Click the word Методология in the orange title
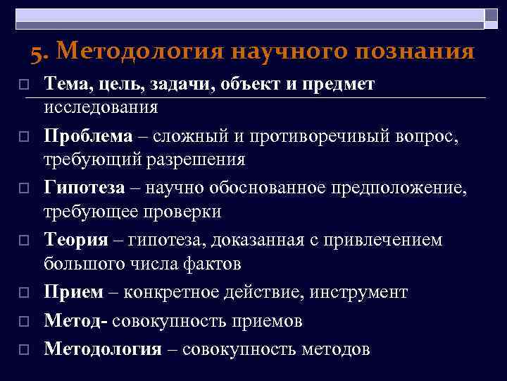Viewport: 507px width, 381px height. (137, 52)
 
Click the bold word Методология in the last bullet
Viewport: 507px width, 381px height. (103, 349)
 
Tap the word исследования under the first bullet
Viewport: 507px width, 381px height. (101, 107)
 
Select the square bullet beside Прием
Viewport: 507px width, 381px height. (23, 292)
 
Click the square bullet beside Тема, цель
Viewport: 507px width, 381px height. (23, 84)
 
